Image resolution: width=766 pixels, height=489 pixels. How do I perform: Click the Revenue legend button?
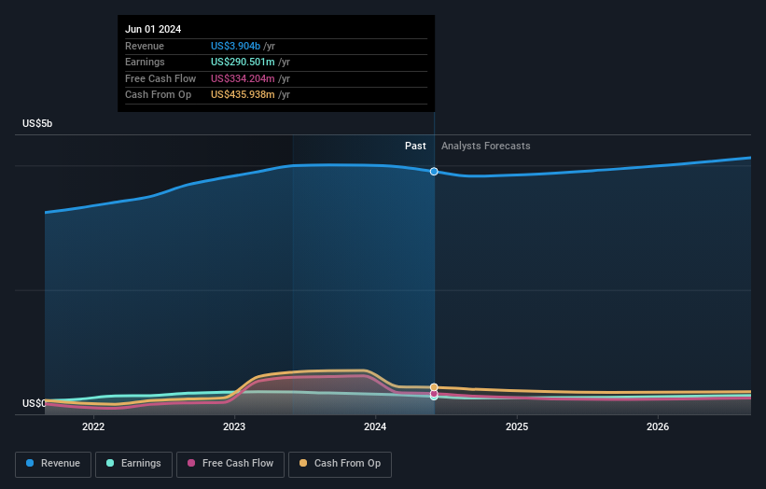(x=53, y=464)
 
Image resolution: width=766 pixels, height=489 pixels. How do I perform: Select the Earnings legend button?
(x=133, y=464)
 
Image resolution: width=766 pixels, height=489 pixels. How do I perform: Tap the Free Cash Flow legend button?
(x=230, y=464)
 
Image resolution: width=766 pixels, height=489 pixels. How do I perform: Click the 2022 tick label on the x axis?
(x=93, y=426)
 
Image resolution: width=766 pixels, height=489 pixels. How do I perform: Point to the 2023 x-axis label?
(x=234, y=426)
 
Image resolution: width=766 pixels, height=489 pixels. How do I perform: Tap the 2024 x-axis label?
(x=375, y=426)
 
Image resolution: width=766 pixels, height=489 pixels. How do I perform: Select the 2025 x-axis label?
(x=517, y=426)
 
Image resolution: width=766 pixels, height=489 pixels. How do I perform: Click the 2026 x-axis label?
(x=658, y=426)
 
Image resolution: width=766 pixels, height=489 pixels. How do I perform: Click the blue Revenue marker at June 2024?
(x=434, y=172)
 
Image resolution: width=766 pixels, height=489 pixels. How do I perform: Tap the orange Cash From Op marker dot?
(x=434, y=387)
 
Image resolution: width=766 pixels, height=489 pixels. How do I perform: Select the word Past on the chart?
(x=415, y=146)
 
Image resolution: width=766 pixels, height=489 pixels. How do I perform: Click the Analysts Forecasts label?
(x=485, y=146)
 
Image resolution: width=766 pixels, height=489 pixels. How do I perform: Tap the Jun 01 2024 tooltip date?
(x=153, y=29)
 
